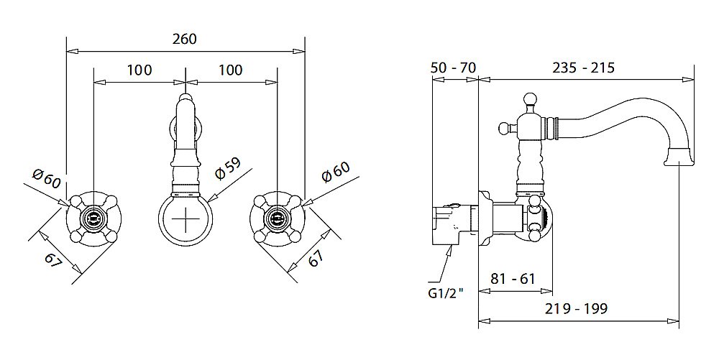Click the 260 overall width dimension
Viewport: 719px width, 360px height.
[x=185, y=39]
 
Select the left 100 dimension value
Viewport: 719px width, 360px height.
[x=139, y=70]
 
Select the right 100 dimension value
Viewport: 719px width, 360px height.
[x=230, y=70]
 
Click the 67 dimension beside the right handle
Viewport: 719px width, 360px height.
[x=315, y=259]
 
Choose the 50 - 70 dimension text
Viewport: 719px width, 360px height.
[x=453, y=68]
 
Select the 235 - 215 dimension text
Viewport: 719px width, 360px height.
[x=583, y=68]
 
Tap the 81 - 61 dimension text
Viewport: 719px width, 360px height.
[x=513, y=279]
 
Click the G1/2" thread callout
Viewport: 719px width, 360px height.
[x=446, y=293]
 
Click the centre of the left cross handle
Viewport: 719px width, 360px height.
[x=93, y=216]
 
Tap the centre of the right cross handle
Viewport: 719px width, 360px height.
[x=277, y=216]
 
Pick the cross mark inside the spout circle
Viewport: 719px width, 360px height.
[x=186, y=218]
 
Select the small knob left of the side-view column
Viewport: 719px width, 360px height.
[x=503, y=129]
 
